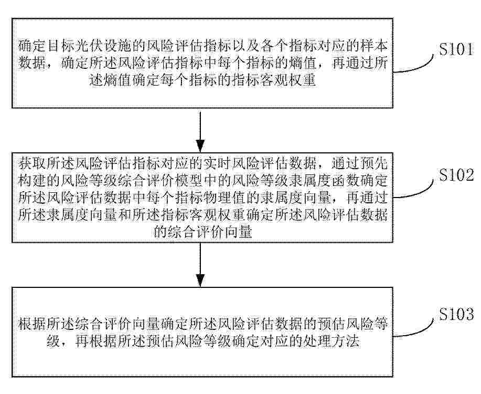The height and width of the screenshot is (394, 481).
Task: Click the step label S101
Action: [x=456, y=49]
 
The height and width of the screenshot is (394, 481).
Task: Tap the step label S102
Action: [x=456, y=175]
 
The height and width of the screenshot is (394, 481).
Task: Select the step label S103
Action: [x=456, y=314]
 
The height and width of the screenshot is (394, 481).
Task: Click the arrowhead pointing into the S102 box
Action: [x=200, y=146]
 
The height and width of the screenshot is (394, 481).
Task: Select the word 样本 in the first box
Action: [x=373, y=46]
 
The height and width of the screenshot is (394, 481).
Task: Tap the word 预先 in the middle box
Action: [x=373, y=164]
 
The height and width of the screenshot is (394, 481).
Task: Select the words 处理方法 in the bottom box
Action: [x=332, y=341]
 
